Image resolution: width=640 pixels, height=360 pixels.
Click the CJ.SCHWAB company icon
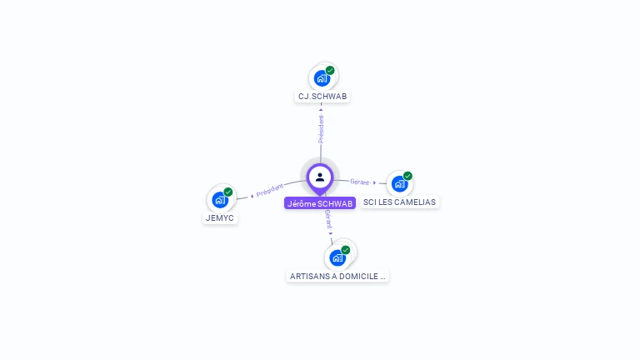click(x=322, y=79)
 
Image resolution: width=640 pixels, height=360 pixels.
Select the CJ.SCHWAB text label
click(x=322, y=97)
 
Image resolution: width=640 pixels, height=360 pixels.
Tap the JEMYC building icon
click(x=219, y=200)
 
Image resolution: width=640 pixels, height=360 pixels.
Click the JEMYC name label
click(x=220, y=218)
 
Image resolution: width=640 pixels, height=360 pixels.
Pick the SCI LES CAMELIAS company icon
click(x=399, y=183)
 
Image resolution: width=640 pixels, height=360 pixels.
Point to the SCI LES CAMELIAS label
click(x=400, y=202)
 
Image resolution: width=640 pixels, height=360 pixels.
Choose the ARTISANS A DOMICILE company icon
click(x=337, y=257)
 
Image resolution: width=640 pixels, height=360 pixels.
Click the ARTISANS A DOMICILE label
click(x=337, y=276)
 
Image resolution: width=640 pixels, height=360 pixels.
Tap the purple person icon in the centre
click(x=320, y=177)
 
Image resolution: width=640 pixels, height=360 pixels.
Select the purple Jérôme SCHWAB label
click(x=320, y=203)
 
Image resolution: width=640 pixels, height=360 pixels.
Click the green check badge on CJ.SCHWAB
click(x=330, y=71)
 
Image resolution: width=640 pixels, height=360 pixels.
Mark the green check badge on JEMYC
click(x=228, y=192)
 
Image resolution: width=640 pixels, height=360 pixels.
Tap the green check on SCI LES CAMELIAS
click(x=407, y=176)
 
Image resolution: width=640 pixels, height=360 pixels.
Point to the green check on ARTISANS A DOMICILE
click(x=346, y=250)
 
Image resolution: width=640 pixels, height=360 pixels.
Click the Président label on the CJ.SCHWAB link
click(x=321, y=128)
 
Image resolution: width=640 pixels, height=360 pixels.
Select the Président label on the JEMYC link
click(x=270, y=190)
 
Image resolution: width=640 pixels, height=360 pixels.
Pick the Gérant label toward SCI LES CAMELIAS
click(x=359, y=182)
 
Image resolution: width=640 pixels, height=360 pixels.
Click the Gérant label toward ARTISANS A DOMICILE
click(x=327, y=219)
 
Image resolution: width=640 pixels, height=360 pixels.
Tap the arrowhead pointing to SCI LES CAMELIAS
click(x=375, y=182)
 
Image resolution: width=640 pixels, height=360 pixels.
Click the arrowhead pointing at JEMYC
click(x=252, y=195)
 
